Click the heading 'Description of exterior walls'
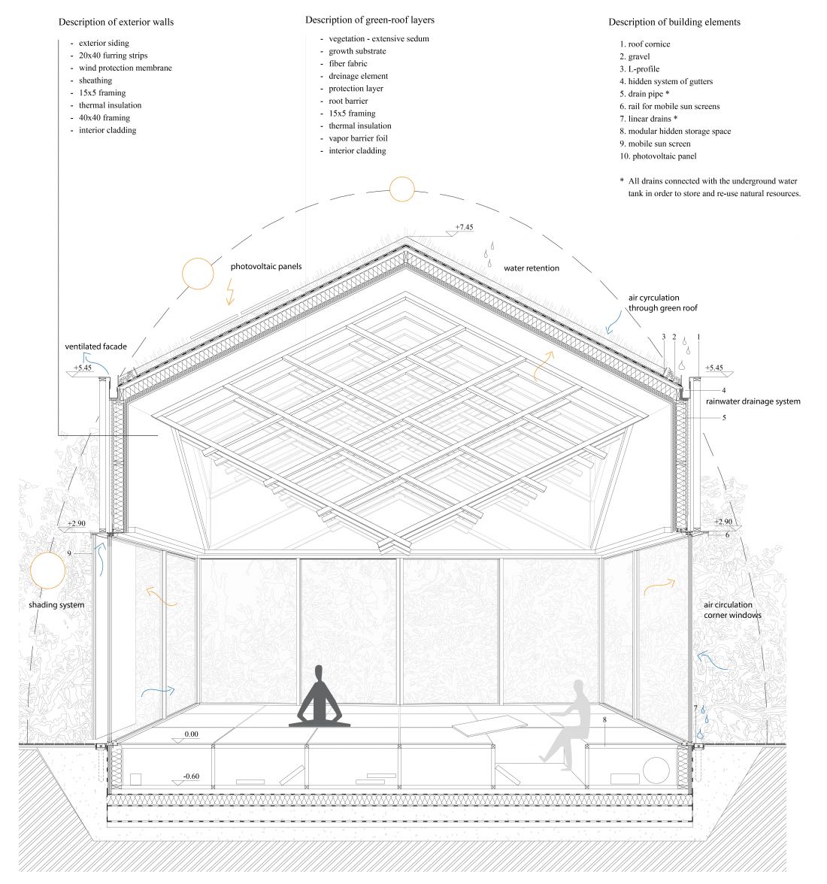tap(116, 22)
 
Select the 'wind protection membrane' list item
tap(125, 68)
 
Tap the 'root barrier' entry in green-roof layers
tap(348, 101)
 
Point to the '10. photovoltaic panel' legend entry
tap(658, 156)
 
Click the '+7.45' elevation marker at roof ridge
tap(464, 227)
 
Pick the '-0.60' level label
tap(191, 777)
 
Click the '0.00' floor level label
tap(192, 734)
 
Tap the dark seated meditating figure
tap(320, 696)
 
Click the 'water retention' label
tap(532, 268)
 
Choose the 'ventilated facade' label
tap(95, 347)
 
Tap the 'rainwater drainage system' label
tap(753, 401)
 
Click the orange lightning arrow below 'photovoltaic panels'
tap(230, 292)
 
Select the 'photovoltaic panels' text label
tap(266, 267)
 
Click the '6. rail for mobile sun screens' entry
tap(669, 106)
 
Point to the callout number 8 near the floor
tap(605, 720)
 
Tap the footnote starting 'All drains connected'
tap(710, 187)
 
